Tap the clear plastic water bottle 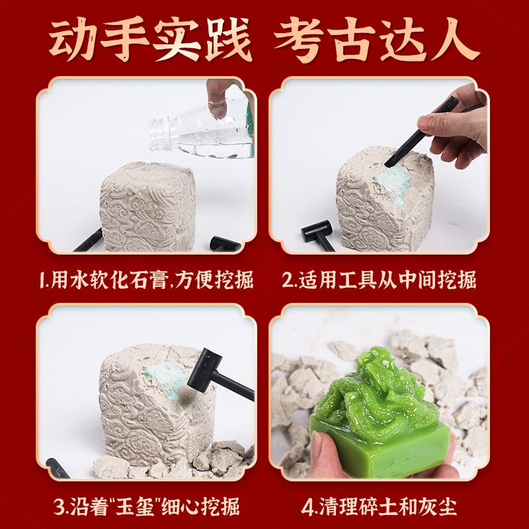coord(202,129)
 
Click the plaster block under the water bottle coord(147,206)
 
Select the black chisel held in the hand coord(422,132)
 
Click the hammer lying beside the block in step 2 coord(317,235)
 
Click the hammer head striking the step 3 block coord(204,370)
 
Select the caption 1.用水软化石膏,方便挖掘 coord(146,280)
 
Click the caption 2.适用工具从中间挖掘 coord(379,280)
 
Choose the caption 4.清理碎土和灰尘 coord(379,506)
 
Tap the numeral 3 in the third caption coord(58,507)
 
